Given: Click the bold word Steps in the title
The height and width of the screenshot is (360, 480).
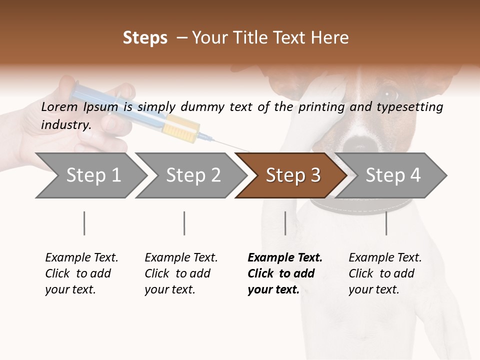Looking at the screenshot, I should pos(145,38).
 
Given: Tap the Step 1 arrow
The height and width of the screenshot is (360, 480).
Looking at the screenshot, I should pos(93,175).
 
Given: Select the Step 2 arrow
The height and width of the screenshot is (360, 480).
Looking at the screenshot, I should pos(193,175).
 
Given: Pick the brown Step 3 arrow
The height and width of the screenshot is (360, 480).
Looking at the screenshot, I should pos(293,175).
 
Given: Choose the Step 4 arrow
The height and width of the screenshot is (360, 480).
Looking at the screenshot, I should pos(393,175).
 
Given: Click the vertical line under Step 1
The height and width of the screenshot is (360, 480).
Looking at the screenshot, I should pos(84,223).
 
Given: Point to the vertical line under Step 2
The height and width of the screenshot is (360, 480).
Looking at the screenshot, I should pos(184,223).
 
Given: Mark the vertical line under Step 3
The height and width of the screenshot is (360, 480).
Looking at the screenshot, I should pos(285,223).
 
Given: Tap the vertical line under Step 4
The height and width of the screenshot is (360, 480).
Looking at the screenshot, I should pos(386,223).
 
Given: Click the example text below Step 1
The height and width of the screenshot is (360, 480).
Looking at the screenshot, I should pos(81,273).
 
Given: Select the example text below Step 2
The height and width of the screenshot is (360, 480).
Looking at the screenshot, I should pos(180,273).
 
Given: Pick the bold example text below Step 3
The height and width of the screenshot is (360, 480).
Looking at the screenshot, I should pos(284,273).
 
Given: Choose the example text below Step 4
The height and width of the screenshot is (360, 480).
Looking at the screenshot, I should pos(384,273).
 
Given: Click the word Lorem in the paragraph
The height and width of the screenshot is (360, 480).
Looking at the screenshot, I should pos(59,106).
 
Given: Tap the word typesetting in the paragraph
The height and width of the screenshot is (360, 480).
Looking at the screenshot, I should pos(409,107).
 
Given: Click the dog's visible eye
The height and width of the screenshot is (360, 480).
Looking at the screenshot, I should pos(389,94).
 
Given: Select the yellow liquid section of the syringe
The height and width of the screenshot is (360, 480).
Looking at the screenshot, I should pos(182,127).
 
